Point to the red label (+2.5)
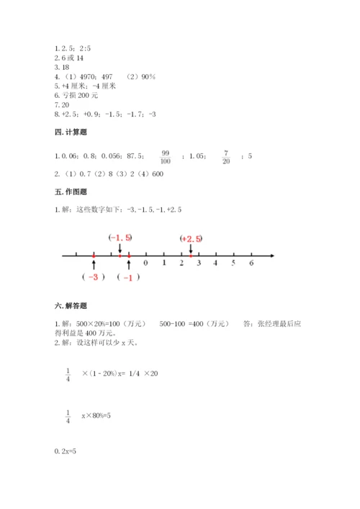[x=191, y=238]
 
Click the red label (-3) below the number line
[x=94, y=277]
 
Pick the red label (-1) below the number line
[x=128, y=278]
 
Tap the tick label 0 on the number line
[x=146, y=263]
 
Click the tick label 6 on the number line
[x=251, y=263]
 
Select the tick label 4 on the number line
[x=216, y=263]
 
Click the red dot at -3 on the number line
[x=94, y=255]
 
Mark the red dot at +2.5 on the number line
[x=190, y=255]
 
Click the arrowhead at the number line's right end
[x=271, y=255]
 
